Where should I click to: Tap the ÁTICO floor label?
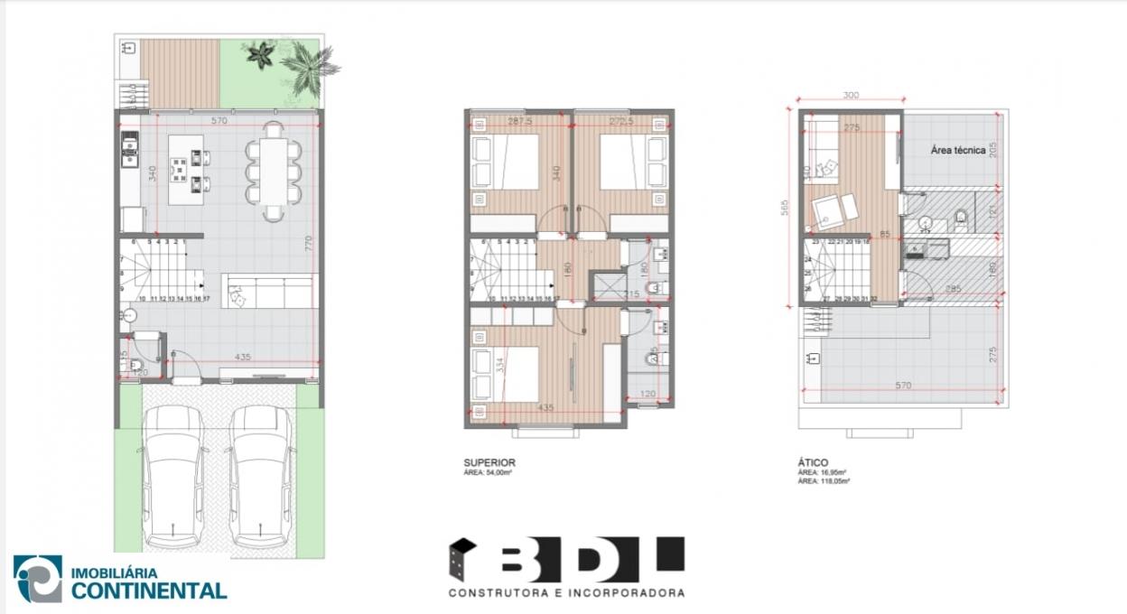(x=814, y=462)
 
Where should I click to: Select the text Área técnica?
(x=957, y=151)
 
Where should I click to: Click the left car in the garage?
(x=173, y=476)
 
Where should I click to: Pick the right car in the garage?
(x=260, y=476)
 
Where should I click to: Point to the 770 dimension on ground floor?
(x=308, y=242)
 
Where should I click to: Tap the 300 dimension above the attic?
(x=850, y=94)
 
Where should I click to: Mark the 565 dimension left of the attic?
(x=785, y=208)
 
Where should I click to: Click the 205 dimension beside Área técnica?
(x=992, y=150)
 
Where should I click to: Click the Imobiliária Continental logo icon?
(x=38, y=579)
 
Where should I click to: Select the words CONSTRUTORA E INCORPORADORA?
(x=566, y=593)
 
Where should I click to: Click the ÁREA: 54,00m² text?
(x=489, y=472)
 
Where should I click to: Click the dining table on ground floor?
(x=273, y=172)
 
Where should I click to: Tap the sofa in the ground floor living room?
(x=270, y=291)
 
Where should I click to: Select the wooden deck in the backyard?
(x=181, y=72)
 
